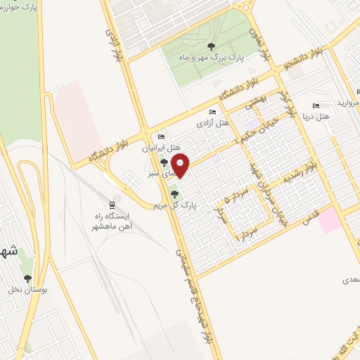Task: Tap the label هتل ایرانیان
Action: (x=162, y=148)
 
